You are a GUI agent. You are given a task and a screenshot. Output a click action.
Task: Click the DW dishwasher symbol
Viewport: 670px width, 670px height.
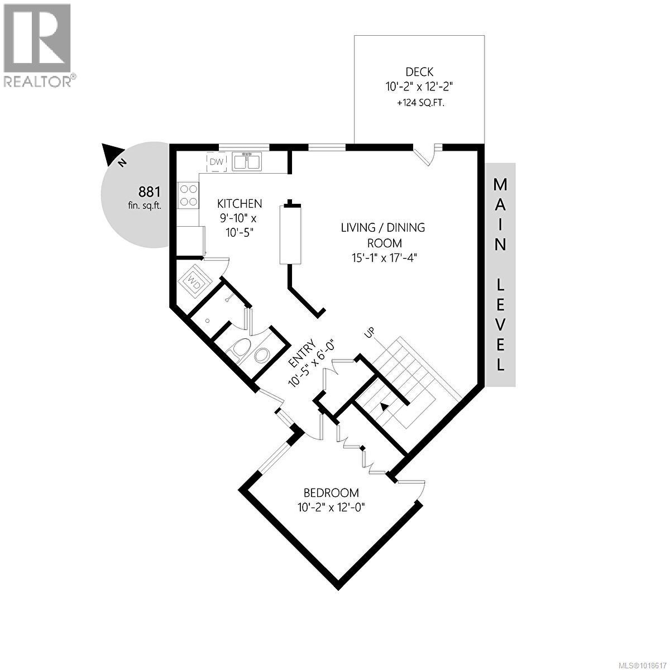tap(216, 162)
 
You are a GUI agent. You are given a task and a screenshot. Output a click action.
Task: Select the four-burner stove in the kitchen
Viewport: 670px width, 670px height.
tap(188, 196)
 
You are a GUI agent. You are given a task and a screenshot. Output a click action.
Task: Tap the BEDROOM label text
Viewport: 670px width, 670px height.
tap(331, 492)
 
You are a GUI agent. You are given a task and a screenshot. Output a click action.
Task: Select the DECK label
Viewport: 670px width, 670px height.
tap(419, 72)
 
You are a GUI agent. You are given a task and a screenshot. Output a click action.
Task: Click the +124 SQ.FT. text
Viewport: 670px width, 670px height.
tap(419, 103)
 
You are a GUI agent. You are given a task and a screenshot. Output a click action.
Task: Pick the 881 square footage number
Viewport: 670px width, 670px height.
tap(149, 192)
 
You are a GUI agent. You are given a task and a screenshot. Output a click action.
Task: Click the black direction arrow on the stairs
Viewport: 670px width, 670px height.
tap(382, 406)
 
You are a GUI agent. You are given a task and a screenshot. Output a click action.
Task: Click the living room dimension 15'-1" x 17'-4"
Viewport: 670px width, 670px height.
tap(383, 257)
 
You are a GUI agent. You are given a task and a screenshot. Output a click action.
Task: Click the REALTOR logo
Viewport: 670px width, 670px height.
tap(37, 45)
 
